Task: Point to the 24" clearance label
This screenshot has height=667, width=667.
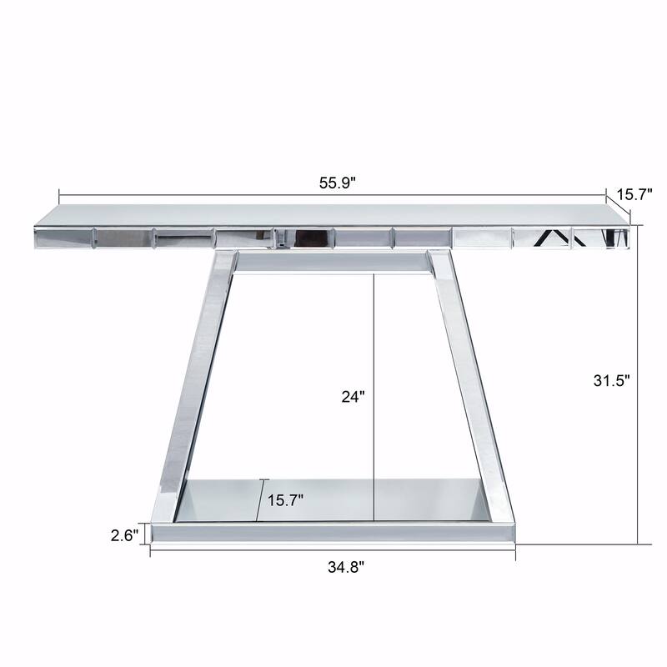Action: point(354,397)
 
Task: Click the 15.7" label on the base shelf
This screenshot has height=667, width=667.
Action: point(285,500)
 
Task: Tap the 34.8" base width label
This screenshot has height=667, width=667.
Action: point(345,567)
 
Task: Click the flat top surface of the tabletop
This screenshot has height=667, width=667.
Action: point(333,214)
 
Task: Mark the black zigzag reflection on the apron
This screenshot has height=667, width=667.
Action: point(554,238)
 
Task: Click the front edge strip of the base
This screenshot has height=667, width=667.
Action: point(333,531)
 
